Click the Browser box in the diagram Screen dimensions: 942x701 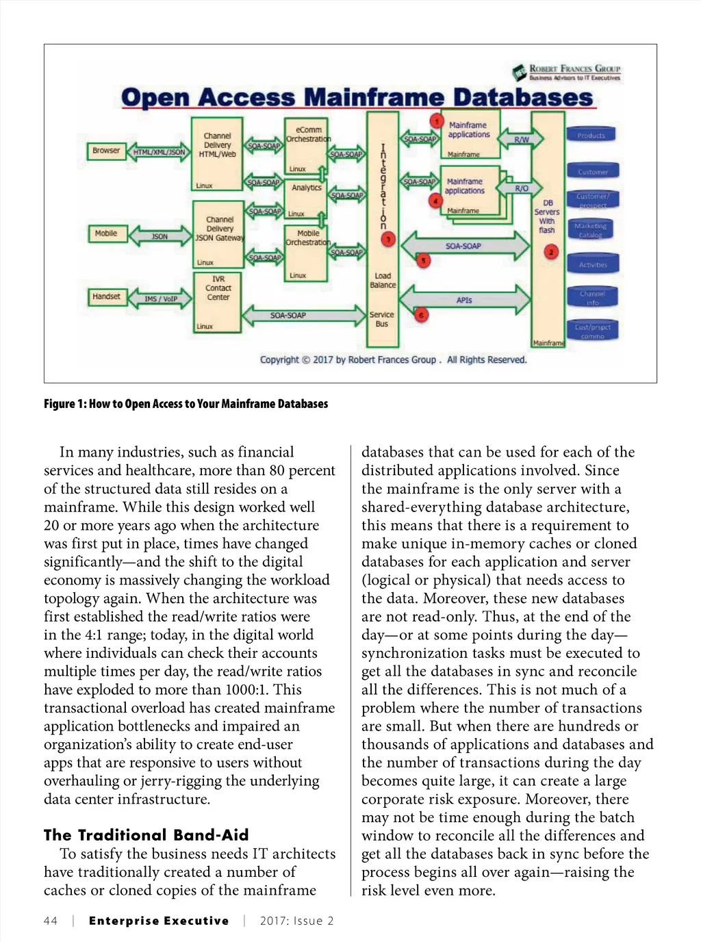tap(106, 151)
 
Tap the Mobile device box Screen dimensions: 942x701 tap(106, 233)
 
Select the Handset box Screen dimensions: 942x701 tap(106, 296)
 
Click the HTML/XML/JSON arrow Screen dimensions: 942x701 tap(159, 152)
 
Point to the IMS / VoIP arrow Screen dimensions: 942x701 tap(161, 298)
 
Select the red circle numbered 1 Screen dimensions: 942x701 tap(437, 121)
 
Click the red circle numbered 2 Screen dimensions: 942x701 tap(552, 252)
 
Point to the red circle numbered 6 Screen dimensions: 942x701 tap(422, 315)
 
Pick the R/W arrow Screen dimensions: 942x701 tap(522, 140)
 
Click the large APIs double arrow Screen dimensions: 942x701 tap(464, 300)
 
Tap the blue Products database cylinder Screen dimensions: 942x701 tap(591, 135)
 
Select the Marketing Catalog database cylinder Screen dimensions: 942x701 tap(591, 230)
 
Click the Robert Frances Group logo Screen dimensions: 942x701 tap(567, 72)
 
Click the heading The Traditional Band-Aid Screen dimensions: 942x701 tap(146, 835)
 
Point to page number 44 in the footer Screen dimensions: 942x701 tap(51, 921)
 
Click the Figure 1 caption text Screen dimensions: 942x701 tap(186, 404)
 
